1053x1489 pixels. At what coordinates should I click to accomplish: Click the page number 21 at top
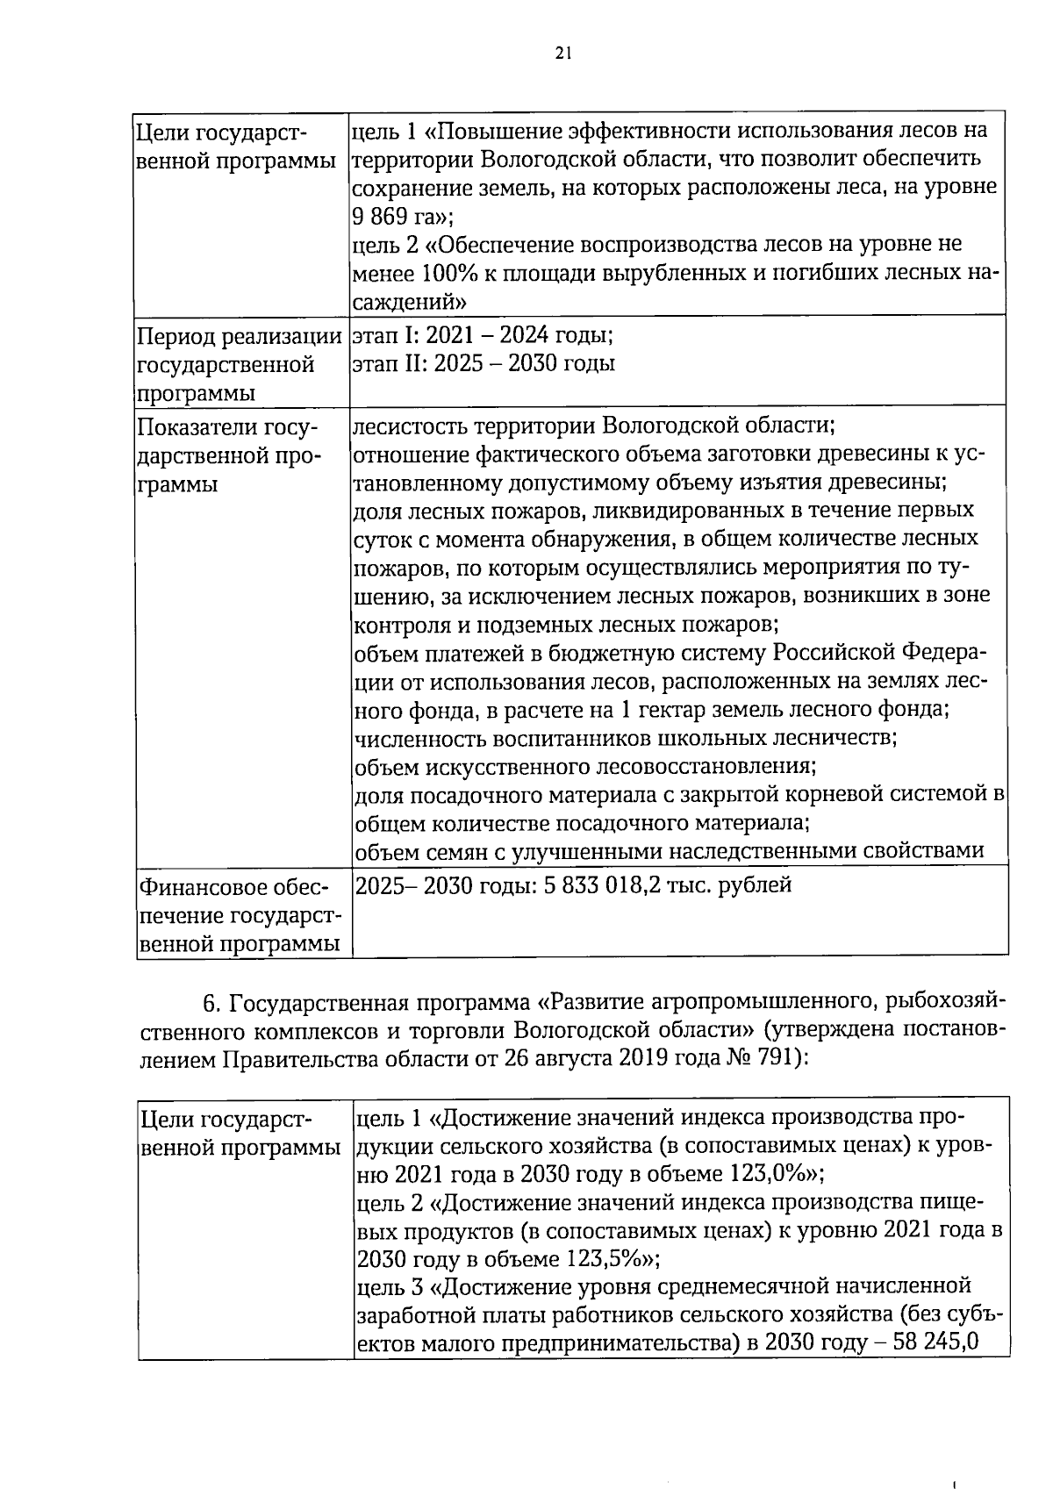(563, 54)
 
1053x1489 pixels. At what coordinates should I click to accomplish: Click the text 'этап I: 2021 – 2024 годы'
(482, 335)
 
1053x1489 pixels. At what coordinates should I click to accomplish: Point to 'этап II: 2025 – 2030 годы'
(484, 363)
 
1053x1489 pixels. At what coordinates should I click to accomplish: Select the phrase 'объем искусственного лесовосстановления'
(584, 767)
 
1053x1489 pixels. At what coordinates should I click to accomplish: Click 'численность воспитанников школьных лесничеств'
(625, 738)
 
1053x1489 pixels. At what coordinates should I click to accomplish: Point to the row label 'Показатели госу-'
(226, 427)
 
